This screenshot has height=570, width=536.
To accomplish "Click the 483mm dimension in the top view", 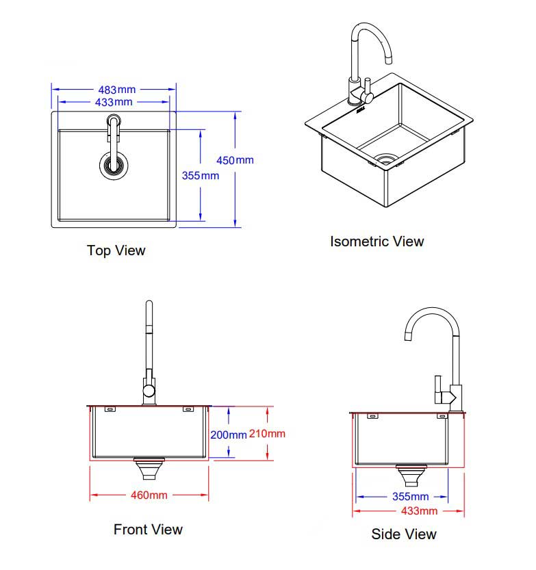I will click(116, 90).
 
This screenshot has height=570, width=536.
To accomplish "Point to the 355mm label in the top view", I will click(201, 175).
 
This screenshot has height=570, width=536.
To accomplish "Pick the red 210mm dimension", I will click(268, 433).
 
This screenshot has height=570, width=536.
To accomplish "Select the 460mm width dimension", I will click(149, 495).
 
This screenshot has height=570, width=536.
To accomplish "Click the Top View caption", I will click(116, 250).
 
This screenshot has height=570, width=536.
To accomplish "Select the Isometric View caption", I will click(377, 242).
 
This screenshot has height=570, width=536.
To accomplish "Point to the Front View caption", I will click(148, 529).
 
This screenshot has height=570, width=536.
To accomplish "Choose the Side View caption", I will click(403, 534).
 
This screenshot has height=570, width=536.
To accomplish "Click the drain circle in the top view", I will click(113, 164).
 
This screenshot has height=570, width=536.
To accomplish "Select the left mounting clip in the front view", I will click(109, 409).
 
